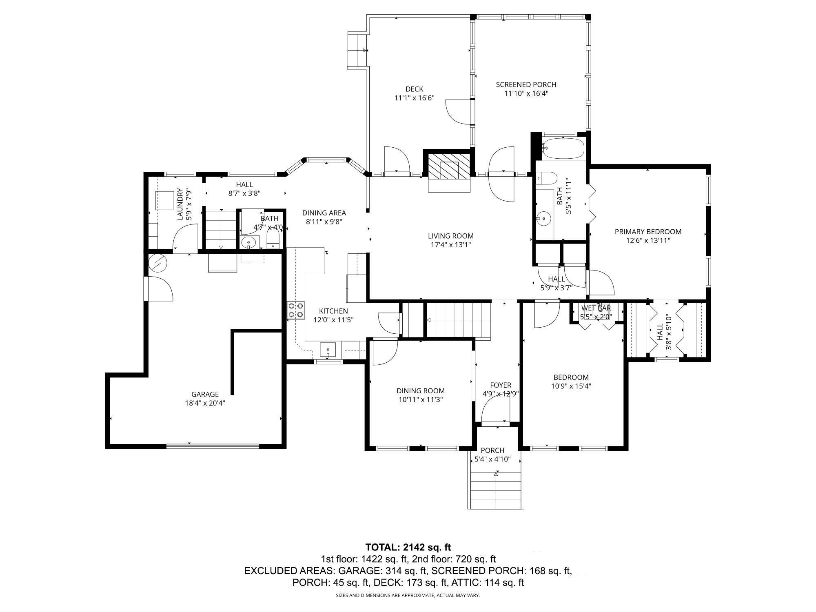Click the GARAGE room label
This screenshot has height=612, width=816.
pyautogui.click(x=205, y=394)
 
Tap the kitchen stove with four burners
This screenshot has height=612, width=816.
pyautogui.click(x=295, y=310)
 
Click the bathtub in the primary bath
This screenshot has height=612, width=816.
pyautogui.click(x=563, y=149)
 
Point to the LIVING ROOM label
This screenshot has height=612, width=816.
pyautogui.click(x=450, y=236)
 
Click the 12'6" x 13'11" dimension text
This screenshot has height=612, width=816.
pyautogui.click(x=648, y=241)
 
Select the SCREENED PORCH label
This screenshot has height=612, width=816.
pyautogui.click(x=526, y=84)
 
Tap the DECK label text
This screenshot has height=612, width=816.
pyautogui.click(x=414, y=89)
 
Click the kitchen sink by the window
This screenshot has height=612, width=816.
pyautogui.click(x=328, y=350)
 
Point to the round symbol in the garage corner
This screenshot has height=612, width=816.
pyautogui.click(x=157, y=264)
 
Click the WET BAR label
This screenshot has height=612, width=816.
pyautogui.click(x=596, y=308)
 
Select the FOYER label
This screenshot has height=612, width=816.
pyautogui.click(x=501, y=385)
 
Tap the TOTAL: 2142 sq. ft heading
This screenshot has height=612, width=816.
pyautogui.click(x=408, y=547)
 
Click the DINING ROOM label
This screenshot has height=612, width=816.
pyautogui.click(x=421, y=391)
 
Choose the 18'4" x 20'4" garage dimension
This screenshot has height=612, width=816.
pyautogui.click(x=205, y=403)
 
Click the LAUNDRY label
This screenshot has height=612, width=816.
pyautogui.click(x=180, y=204)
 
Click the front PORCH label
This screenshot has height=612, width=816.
pyautogui.click(x=492, y=450)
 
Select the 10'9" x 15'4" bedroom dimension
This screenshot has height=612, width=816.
pyautogui.click(x=571, y=386)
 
